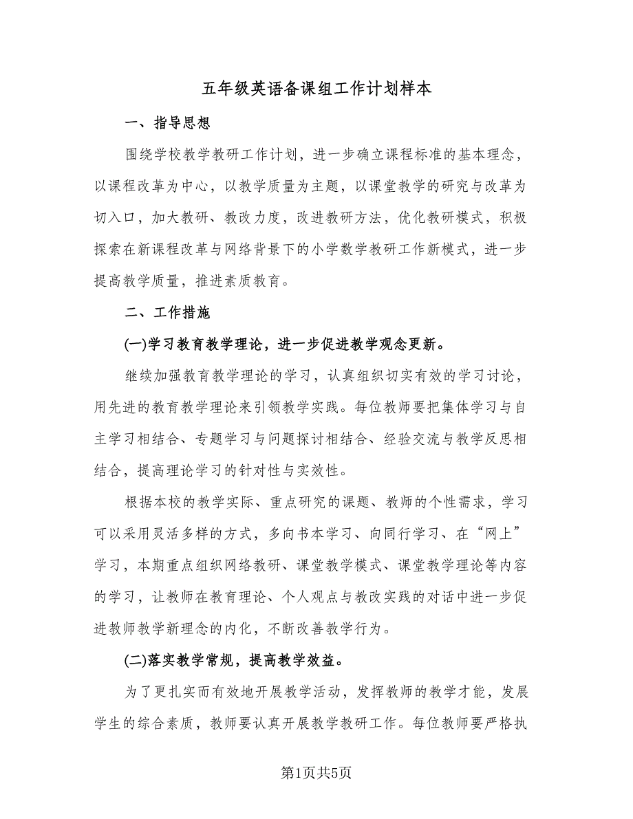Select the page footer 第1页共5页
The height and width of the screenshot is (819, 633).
(316, 773)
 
